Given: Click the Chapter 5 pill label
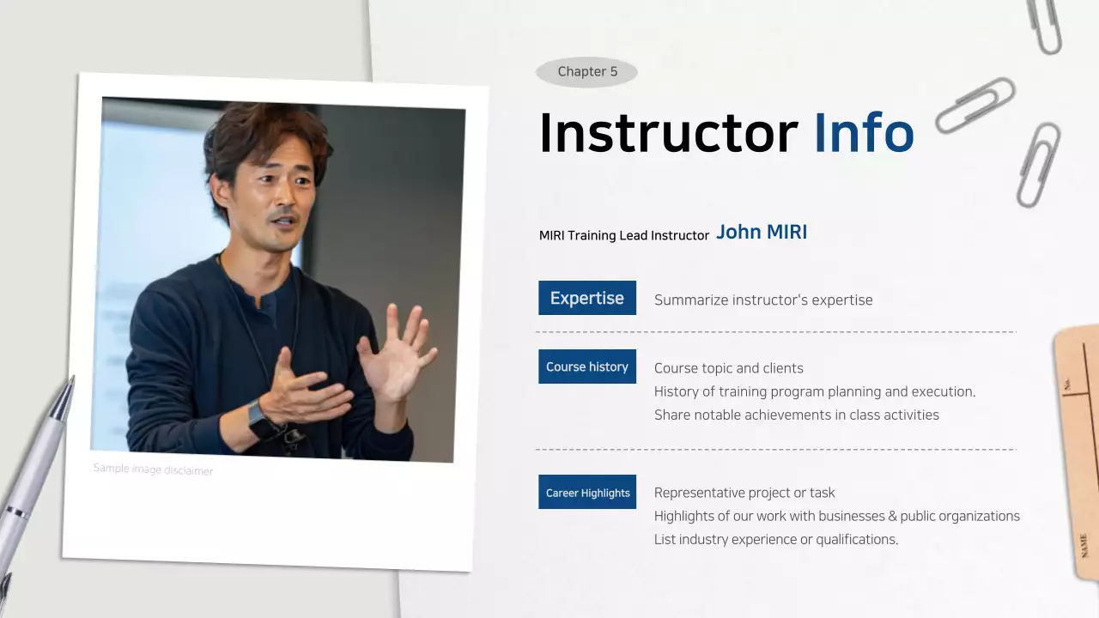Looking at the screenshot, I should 587,72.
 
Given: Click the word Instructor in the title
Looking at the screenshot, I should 668,133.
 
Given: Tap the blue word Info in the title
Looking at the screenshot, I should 863,133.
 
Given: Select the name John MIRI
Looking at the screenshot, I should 762,233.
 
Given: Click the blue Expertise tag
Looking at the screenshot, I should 587,298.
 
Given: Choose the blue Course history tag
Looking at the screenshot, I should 587,367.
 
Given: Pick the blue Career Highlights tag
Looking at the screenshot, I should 587,493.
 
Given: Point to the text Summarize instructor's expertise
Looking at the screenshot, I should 763,300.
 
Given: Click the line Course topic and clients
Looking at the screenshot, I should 729,368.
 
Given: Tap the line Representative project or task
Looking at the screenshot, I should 744,493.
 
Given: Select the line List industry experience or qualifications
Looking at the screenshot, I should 776,540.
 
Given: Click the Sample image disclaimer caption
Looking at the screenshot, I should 153,470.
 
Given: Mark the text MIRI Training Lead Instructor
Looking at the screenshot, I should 624,235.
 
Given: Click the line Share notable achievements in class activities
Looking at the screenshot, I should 797,415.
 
